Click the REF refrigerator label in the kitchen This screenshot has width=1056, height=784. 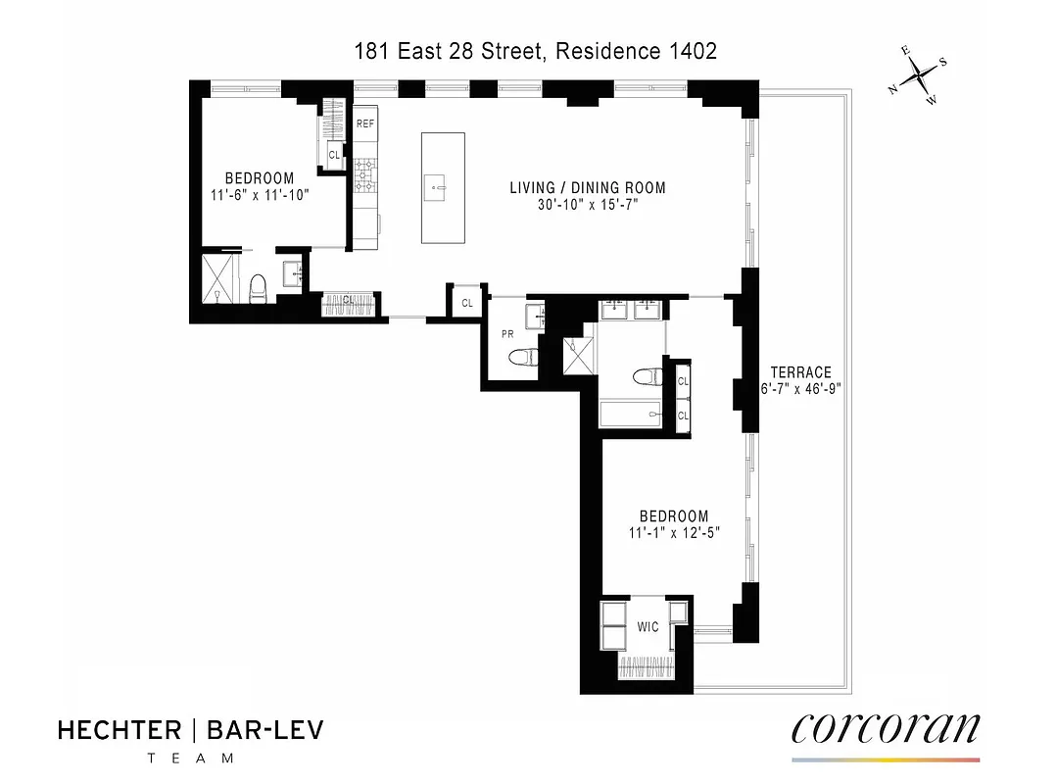click(x=365, y=123)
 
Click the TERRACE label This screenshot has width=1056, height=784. click(x=800, y=372)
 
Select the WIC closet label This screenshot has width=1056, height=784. click(x=648, y=626)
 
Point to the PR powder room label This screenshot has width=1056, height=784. click(x=507, y=334)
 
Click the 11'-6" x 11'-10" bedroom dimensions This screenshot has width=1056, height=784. click(x=260, y=195)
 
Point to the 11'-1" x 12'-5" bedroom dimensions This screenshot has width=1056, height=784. click(x=673, y=534)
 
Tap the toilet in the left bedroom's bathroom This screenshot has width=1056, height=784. click(x=259, y=288)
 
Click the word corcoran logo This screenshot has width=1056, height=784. click(x=885, y=728)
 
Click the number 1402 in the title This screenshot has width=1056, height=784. click(x=693, y=51)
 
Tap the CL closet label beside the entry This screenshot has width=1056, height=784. click(x=467, y=303)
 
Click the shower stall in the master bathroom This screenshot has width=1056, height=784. click(x=578, y=355)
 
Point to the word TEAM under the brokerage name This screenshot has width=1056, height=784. click(x=190, y=758)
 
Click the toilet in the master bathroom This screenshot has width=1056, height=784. click(x=646, y=377)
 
